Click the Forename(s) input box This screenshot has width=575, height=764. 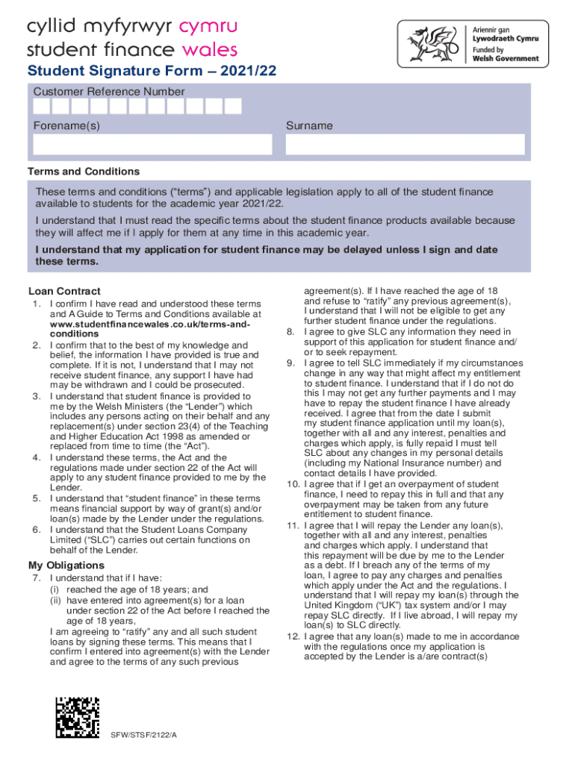pyautogui.click(x=152, y=144)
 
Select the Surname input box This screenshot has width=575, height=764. pyautogui.click(x=405, y=144)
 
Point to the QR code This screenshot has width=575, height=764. pyautogui.click(x=78, y=718)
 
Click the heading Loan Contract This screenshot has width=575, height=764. pyautogui.click(x=64, y=291)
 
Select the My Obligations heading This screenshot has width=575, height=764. pyautogui.click(x=67, y=565)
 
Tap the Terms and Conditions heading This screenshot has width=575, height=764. pyautogui.click(x=84, y=172)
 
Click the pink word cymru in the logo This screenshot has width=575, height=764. pyautogui.click(x=210, y=27)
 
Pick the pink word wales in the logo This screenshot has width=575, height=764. pyautogui.click(x=212, y=51)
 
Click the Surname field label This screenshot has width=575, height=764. pyautogui.click(x=309, y=126)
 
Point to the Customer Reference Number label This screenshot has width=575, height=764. pyautogui.click(x=108, y=92)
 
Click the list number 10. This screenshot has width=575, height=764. pyautogui.click(x=293, y=484)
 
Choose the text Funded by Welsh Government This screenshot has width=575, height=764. pyautogui.click(x=505, y=54)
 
